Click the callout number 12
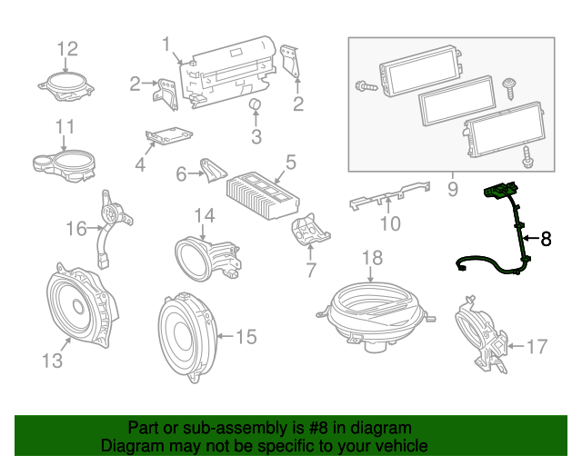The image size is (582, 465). (x=68, y=48)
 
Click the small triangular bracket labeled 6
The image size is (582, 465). (x=213, y=169)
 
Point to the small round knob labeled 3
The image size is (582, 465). (x=256, y=107)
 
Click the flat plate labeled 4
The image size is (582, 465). (x=168, y=135)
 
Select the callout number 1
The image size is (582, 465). (x=166, y=44)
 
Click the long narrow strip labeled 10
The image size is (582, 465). (x=389, y=195)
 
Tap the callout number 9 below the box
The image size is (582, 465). (x=452, y=191)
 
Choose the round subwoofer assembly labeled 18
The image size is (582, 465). (x=372, y=311)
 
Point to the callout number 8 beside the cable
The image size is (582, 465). (x=546, y=239)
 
